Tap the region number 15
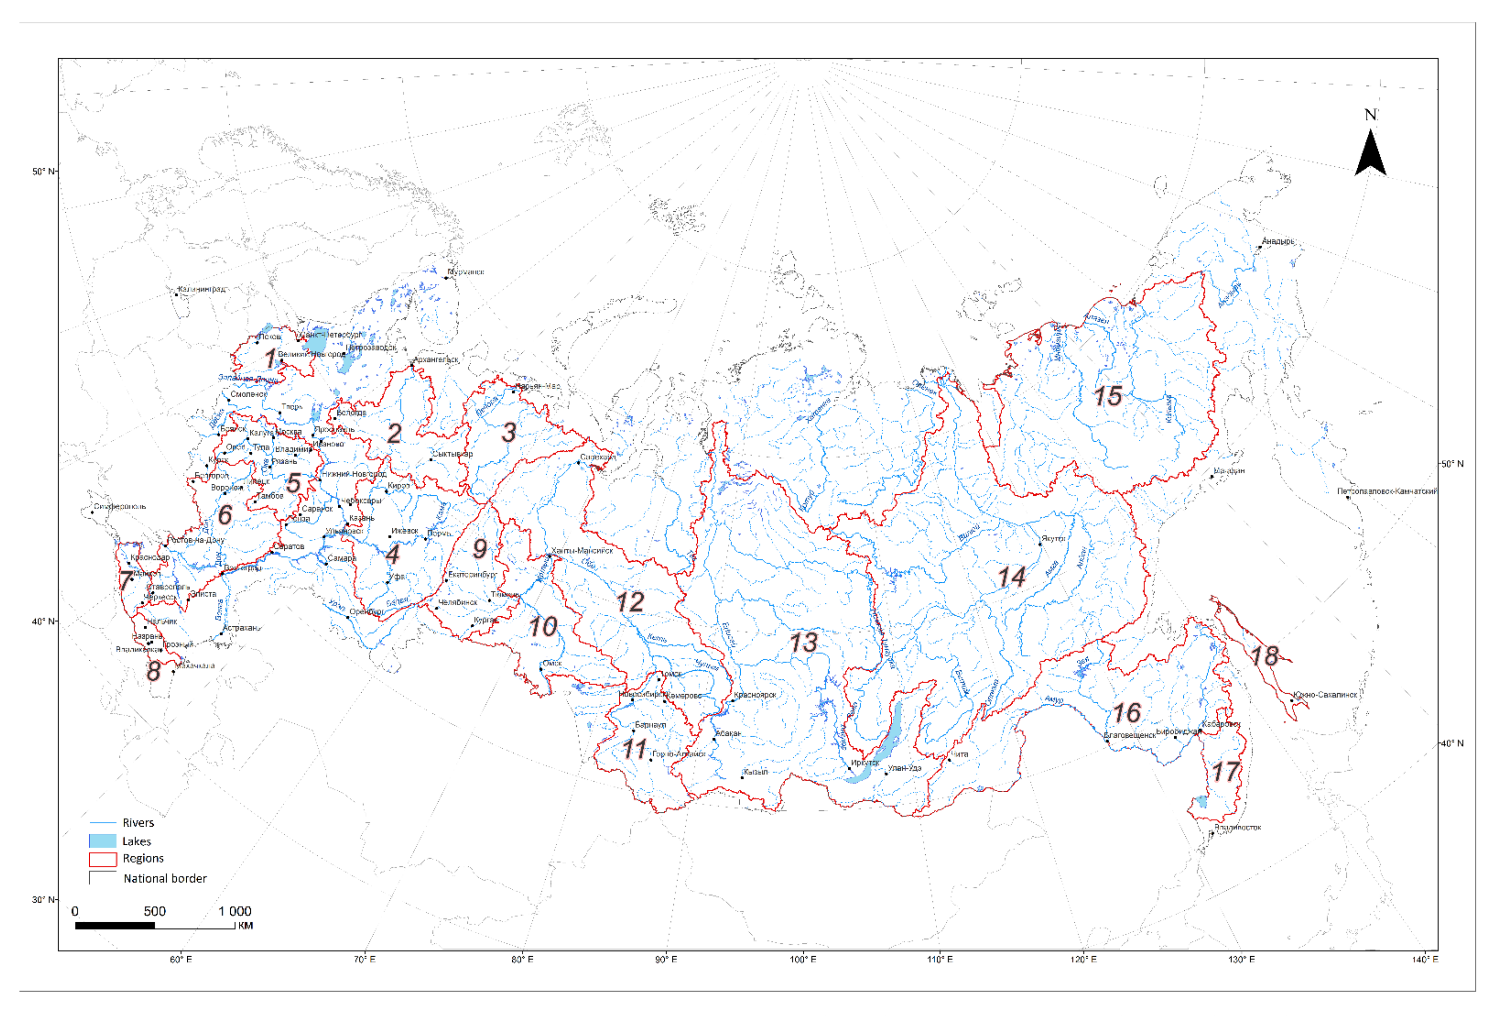click(x=1107, y=396)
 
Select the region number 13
click(x=803, y=643)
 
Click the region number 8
click(x=153, y=671)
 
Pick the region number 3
click(x=509, y=432)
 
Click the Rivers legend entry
click(x=138, y=823)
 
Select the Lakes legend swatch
click(x=102, y=841)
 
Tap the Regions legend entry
click(x=143, y=858)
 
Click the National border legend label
click(x=165, y=878)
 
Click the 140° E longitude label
click(x=1425, y=959)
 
